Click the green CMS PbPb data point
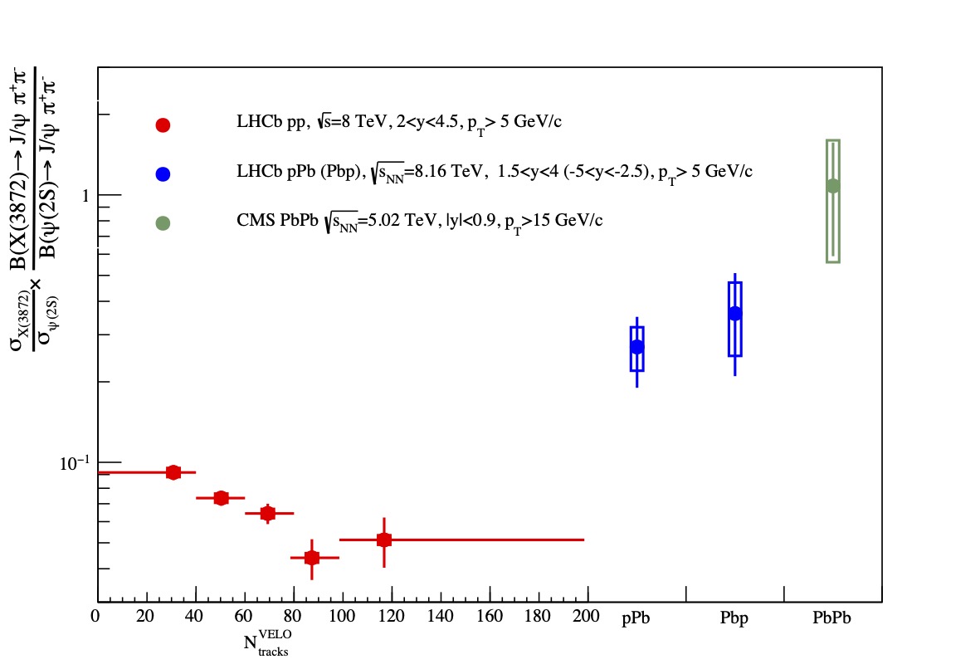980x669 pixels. pyautogui.click(x=832, y=186)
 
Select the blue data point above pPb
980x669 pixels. pyautogui.click(x=636, y=347)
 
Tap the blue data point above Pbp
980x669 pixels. pyautogui.click(x=734, y=313)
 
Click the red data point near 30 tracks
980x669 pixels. pyautogui.click(x=173, y=472)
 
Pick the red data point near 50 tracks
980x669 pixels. pyautogui.click(x=221, y=498)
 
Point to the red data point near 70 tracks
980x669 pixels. pyautogui.click(x=267, y=513)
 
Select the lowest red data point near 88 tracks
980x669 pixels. pyautogui.click(x=312, y=558)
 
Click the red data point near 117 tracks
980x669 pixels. pyautogui.click(x=383, y=540)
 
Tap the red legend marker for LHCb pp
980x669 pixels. pyautogui.click(x=163, y=125)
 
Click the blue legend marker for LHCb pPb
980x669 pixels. pyautogui.click(x=163, y=174)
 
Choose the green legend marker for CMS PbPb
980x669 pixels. pyautogui.click(x=163, y=223)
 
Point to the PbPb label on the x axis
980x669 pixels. pyautogui.click(x=832, y=619)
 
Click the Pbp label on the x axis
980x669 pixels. pyautogui.click(x=734, y=619)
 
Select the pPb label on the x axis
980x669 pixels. pyautogui.click(x=636, y=619)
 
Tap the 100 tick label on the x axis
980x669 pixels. pyautogui.click(x=342, y=617)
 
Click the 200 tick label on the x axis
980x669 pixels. pyautogui.click(x=587, y=617)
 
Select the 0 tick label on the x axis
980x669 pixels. pyautogui.click(x=97, y=617)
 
